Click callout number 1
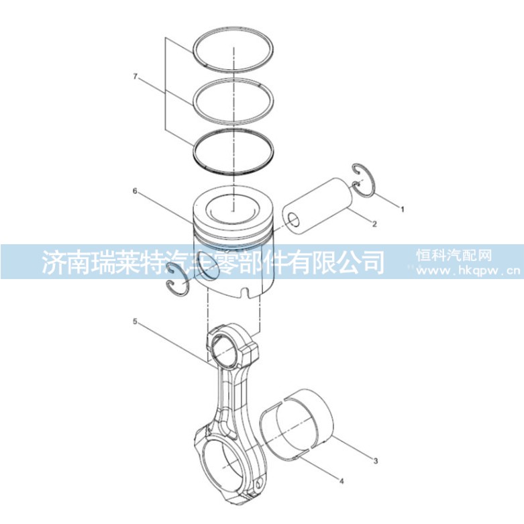[403, 209]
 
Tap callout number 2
[374, 224]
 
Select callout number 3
[376, 461]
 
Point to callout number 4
[342, 481]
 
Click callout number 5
[135, 321]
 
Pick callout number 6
[135, 191]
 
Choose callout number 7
[135, 76]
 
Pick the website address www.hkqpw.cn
[468, 270]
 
